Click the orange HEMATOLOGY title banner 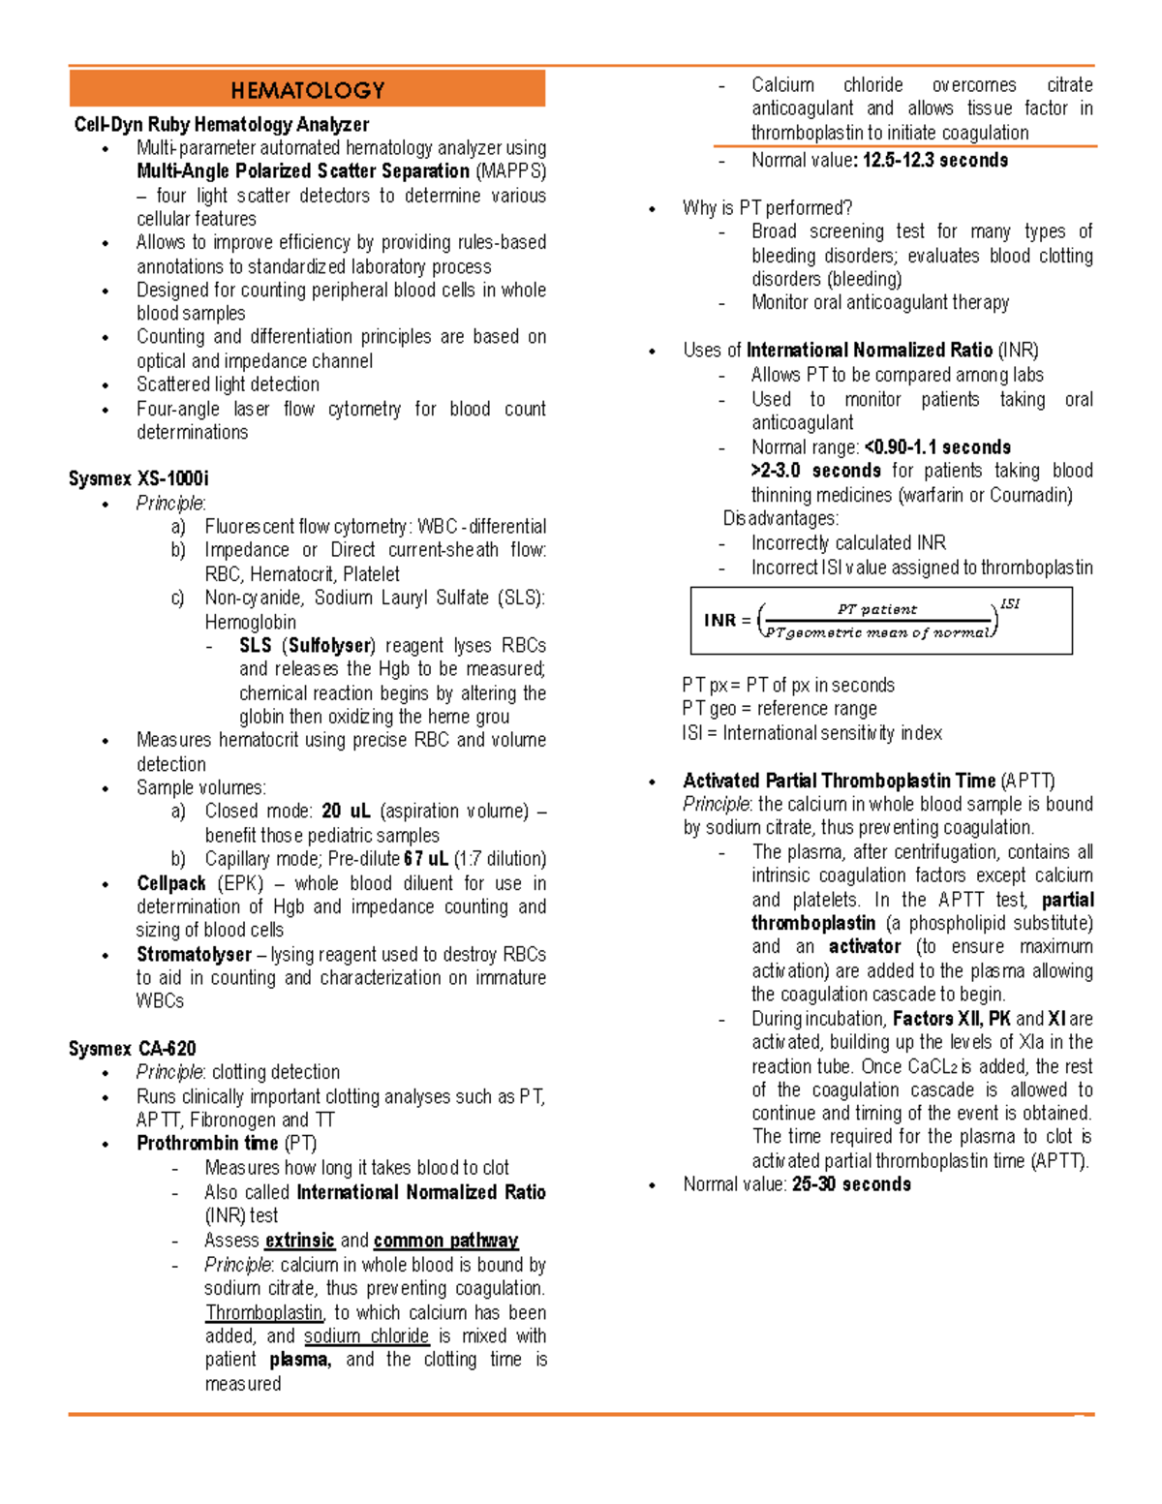(307, 89)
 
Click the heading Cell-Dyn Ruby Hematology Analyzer (221, 124)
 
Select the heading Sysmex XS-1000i (138, 478)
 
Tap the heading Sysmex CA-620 (132, 1048)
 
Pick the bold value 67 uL (426, 859)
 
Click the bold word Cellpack (171, 883)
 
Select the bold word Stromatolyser (194, 954)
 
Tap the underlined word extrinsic (300, 1240)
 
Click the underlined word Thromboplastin (263, 1312)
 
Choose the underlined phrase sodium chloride (366, 1335)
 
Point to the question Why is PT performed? (767, 207)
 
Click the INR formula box (881, 621)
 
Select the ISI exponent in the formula (1010, 604)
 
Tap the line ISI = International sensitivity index (811, 733)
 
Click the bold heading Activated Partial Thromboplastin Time (839, 781)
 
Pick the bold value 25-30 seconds (851, 1184)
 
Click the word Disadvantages (780, 518)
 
